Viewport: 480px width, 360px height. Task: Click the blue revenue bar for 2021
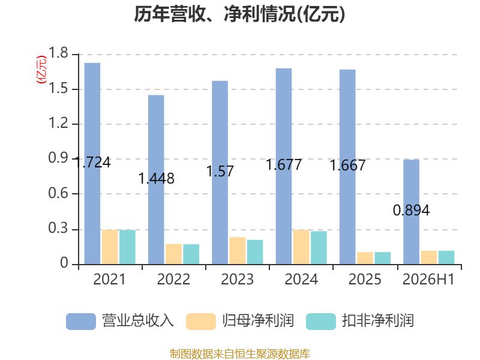[x=92, y=163]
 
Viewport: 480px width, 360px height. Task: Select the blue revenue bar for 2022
[x=156, y=179]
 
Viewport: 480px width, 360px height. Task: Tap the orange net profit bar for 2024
[x=301, y=247]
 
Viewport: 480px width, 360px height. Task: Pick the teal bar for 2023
[x=255, y=252]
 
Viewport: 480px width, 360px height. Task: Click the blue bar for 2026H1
[x=411, y=212]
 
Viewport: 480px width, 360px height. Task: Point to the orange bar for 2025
[x=365, y=258]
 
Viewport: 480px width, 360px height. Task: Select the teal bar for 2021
[x=127, y=247]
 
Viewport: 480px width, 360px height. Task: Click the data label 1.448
[x=157, y=178]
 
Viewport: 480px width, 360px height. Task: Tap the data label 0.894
[x=411, y=211]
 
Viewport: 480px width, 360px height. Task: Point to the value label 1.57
[x=220, y=171]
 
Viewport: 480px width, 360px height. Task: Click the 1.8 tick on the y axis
[x=58, y=53]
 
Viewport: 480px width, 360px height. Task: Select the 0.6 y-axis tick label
[x=58, y=193]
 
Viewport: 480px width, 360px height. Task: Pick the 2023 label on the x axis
[x=237, y=279]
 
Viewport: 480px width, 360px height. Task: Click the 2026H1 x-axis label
[x=428, y=279]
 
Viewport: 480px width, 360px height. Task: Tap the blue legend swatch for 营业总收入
[x=81, y=322]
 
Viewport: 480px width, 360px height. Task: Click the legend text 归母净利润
[x=258, y=321]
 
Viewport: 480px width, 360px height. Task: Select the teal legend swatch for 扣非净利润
[x=321, y=322]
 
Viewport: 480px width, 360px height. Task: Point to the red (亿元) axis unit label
[x=41, y=70]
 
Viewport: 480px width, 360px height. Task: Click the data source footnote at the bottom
[x=239, y=354]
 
